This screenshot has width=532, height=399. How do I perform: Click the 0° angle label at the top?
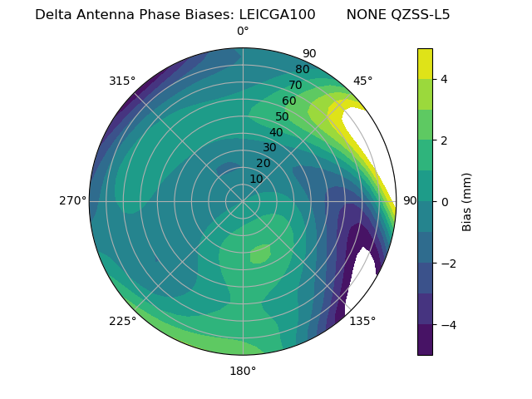point(243,32)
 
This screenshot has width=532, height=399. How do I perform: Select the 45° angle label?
point(362,81)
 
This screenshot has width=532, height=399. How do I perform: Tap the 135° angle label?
point(362,321)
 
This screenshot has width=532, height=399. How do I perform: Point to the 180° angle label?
point(243,371)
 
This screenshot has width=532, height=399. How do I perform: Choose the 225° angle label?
point(122,321)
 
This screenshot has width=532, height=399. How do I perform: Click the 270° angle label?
point(72,201)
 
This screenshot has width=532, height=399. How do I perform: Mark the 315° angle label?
point(122,81)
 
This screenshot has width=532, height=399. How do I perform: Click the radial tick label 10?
point(256,179)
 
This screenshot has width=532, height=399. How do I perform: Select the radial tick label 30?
point(269,148)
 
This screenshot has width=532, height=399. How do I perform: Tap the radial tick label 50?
point(282,117)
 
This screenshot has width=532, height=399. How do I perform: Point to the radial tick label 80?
point(302,70)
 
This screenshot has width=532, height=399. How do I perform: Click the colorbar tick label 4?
point(445,79)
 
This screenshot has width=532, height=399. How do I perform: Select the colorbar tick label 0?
point(445,201)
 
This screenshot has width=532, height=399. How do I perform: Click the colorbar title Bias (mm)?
point(467,201)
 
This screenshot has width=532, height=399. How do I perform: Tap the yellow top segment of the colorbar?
point(425,63)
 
